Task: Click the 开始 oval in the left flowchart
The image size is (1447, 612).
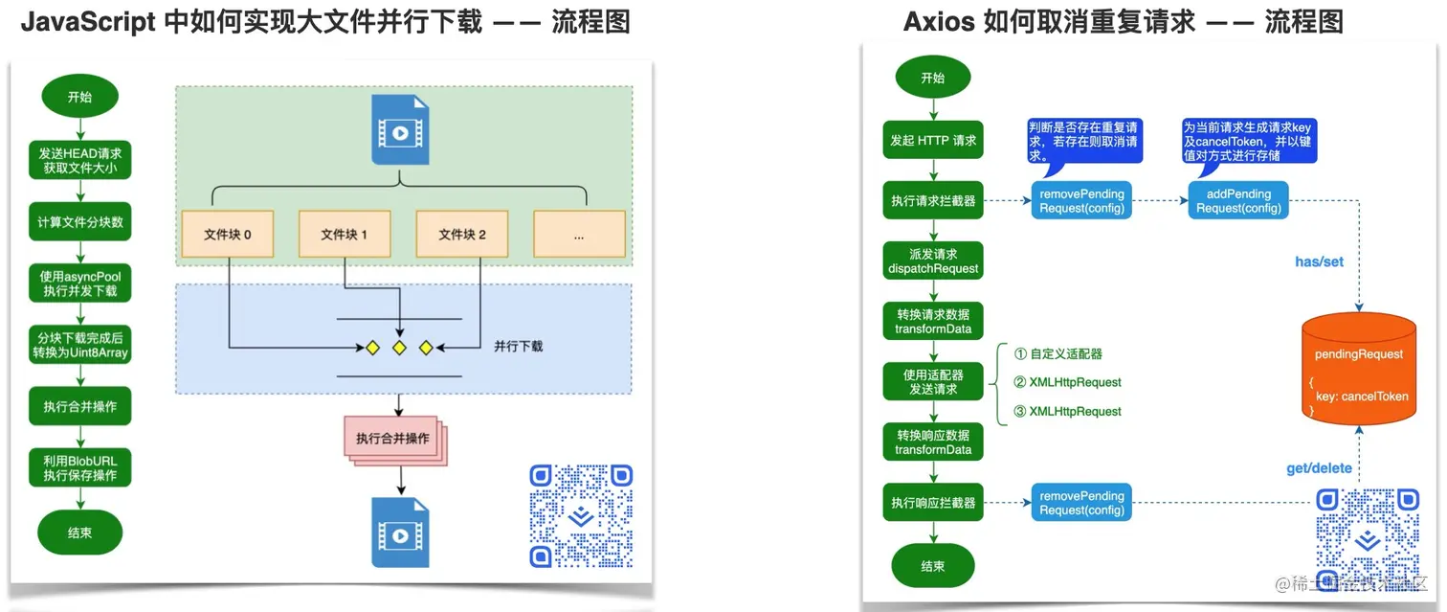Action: coord(79,97)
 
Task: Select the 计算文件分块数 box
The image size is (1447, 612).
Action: coord(79,222)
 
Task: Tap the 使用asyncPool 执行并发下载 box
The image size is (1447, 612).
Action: coord(79,283)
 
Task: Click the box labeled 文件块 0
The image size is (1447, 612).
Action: coord(228,234)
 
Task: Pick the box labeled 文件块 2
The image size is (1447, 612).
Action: coord(462,234)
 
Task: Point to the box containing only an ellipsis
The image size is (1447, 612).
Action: coord(579,234)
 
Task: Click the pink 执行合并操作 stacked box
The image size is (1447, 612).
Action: coord(392,439)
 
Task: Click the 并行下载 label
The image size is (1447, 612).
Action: coord(518,346)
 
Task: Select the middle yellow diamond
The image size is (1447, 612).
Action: coord(399,347)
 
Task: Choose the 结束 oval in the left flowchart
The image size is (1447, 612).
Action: coord(79,533)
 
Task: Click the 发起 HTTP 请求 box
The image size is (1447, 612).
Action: coord(933,140)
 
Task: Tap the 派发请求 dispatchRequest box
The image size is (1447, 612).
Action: coord(933,261)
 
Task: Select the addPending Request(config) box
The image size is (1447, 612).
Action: coord(1238,201)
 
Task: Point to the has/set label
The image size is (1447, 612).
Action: coord(1320,261)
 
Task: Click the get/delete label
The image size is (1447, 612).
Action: coord(1319,468)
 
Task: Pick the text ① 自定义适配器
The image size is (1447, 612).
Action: coord(1057,353)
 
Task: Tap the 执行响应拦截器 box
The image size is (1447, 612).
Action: coord(933,503)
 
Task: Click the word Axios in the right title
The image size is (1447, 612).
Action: coord(939,22)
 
